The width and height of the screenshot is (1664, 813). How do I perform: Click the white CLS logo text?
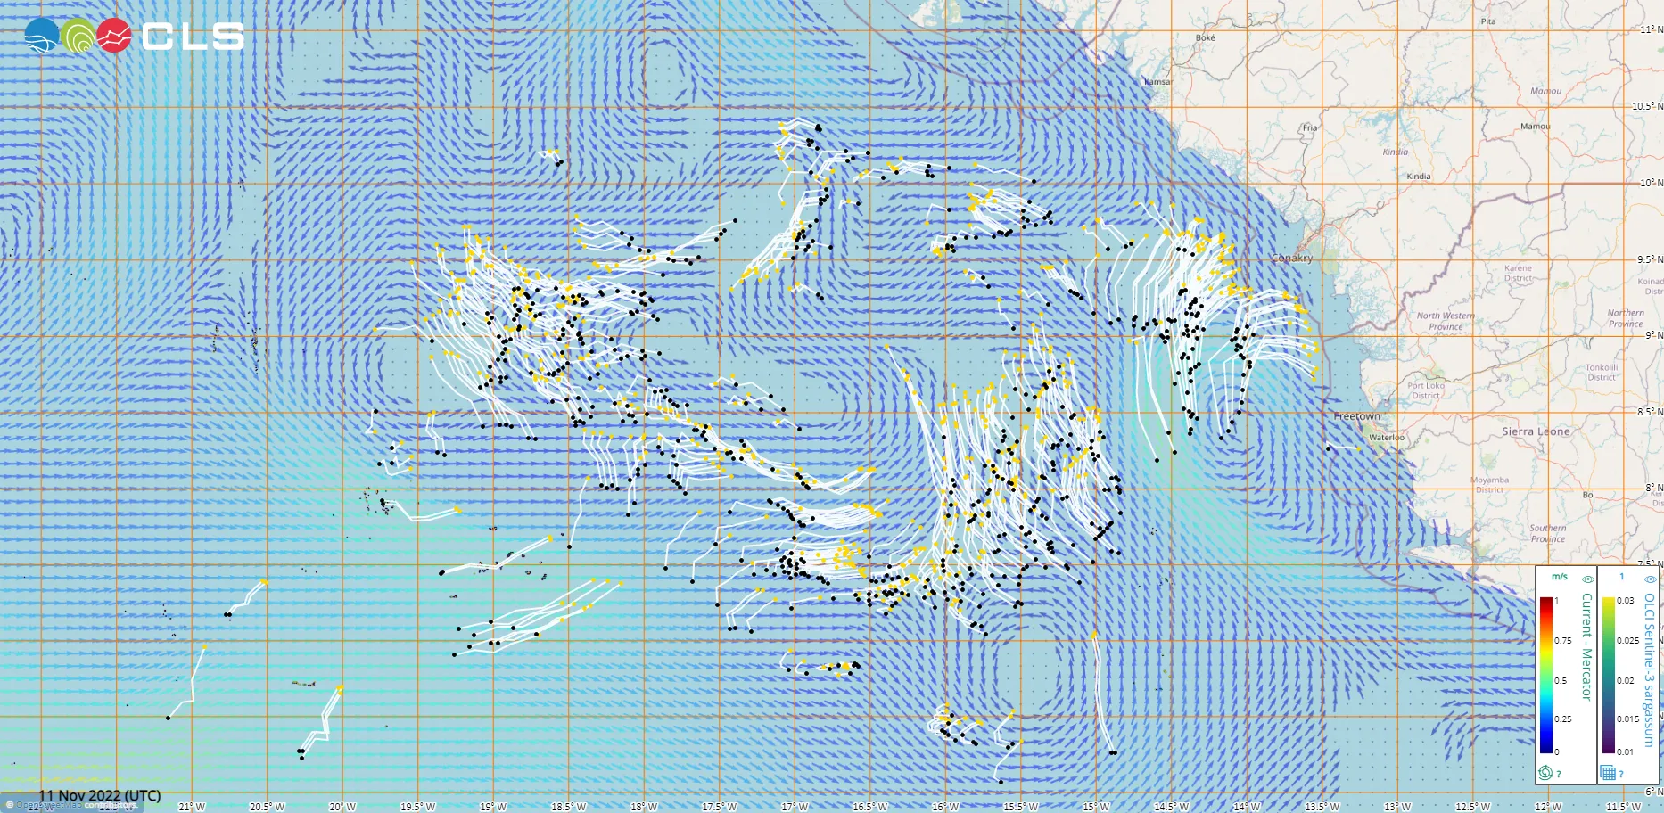193,36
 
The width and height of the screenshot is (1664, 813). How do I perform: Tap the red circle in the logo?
113,36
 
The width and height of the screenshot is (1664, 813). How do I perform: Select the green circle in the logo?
78,36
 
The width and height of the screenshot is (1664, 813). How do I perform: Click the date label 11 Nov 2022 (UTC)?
100,795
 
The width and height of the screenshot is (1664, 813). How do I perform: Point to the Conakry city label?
1292,258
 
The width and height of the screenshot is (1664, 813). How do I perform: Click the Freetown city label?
1356,416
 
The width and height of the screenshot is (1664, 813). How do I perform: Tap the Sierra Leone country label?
1536,431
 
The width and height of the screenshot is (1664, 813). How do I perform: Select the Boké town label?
1205,38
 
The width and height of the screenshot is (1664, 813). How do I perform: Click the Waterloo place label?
1387,438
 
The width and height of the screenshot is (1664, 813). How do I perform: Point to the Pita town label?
1488,21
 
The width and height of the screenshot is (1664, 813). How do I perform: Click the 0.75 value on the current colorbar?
1563,640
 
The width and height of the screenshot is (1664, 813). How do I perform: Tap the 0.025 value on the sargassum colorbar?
1627,640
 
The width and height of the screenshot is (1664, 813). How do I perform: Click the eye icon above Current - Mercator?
1587,579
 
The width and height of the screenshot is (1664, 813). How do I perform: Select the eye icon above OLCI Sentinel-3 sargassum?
1650,579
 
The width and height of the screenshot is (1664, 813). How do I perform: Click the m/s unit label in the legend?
1559,577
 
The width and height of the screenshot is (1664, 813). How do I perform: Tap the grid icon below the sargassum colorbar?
1608,773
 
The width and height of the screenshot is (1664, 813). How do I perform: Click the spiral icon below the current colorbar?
1545,773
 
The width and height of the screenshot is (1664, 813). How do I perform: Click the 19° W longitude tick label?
492,807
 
